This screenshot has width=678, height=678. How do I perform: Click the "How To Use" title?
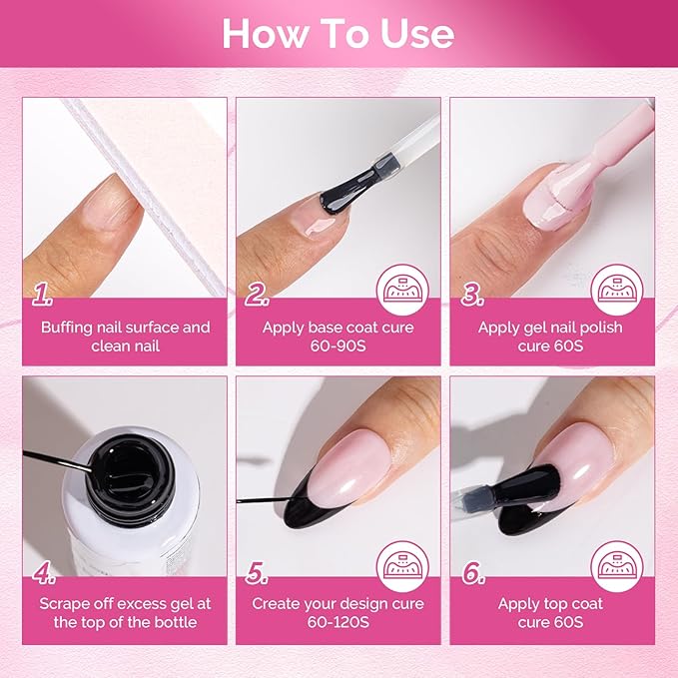(339, 34)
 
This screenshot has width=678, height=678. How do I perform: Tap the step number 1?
(42, 295)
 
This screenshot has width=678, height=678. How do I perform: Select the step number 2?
(257, 295)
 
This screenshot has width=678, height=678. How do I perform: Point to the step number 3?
(471, 295)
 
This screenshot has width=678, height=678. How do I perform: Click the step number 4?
(44, 572)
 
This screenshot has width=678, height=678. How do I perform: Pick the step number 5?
(257, 572)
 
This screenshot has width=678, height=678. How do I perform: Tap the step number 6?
(473, 572)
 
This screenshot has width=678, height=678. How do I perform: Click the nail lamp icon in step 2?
(402, 290)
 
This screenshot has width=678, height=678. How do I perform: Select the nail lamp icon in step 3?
(617, 290)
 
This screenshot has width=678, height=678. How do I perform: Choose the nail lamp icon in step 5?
(402, 567)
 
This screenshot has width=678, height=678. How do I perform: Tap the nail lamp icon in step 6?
(617, 567)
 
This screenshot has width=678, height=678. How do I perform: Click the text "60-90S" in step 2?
(339, 345)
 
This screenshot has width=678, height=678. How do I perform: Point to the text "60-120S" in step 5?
(339, 622)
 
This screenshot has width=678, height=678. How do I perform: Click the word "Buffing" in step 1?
(67, 328)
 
